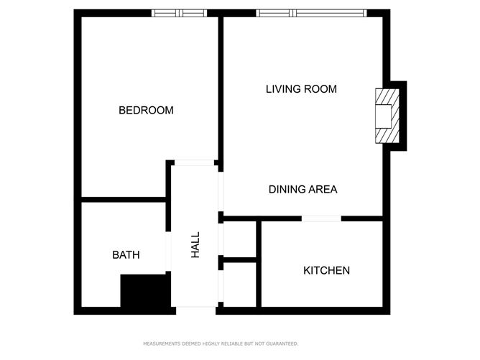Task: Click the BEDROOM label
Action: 146,110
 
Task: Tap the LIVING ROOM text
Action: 301,89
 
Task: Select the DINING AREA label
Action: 303,190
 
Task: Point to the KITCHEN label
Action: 326,271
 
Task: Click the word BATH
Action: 126,255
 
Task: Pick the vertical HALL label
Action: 195,244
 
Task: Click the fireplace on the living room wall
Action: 387,116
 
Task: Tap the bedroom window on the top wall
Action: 180,13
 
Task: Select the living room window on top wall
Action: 311,13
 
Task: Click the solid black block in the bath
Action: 145,290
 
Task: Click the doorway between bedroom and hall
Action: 194,163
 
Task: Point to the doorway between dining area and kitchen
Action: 321,218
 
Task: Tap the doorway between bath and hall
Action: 168,251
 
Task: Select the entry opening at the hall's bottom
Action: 196,310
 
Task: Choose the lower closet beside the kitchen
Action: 240,285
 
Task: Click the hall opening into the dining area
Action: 221,192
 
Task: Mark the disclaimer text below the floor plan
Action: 221,343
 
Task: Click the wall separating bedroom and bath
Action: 124,200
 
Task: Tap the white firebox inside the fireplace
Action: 384,116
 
